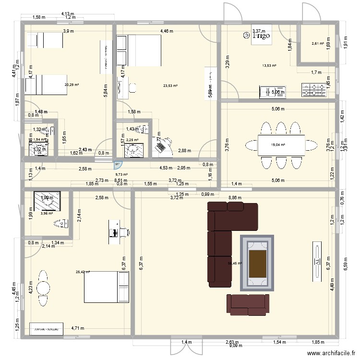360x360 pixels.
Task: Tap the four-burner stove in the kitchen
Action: tap(313, 89)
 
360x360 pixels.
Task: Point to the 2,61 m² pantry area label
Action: tap(317, 44)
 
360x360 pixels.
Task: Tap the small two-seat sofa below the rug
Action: tap(247, 305)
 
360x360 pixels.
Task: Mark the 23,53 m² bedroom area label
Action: tap(170, 86)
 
